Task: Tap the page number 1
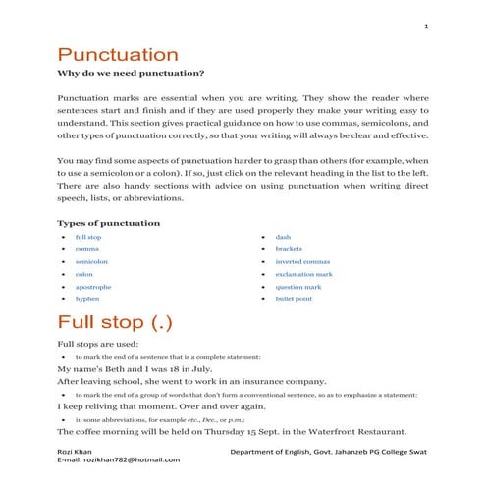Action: click(426, 26)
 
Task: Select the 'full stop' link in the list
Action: click(88, 238)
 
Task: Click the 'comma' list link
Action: click(86, 249)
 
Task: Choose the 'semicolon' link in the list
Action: click(91, 262)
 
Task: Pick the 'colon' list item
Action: click(84, 274)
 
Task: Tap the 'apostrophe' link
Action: click(93, 287)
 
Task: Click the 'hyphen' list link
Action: click(87, 298)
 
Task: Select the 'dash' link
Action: click(283, 238)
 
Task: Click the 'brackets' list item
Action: click(289, 249)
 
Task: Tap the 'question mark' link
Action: click(297, 287)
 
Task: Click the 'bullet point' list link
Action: click(294, 298)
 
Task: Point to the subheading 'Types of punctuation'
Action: click(108, 223)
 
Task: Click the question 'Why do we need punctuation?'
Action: click(131, 75)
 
